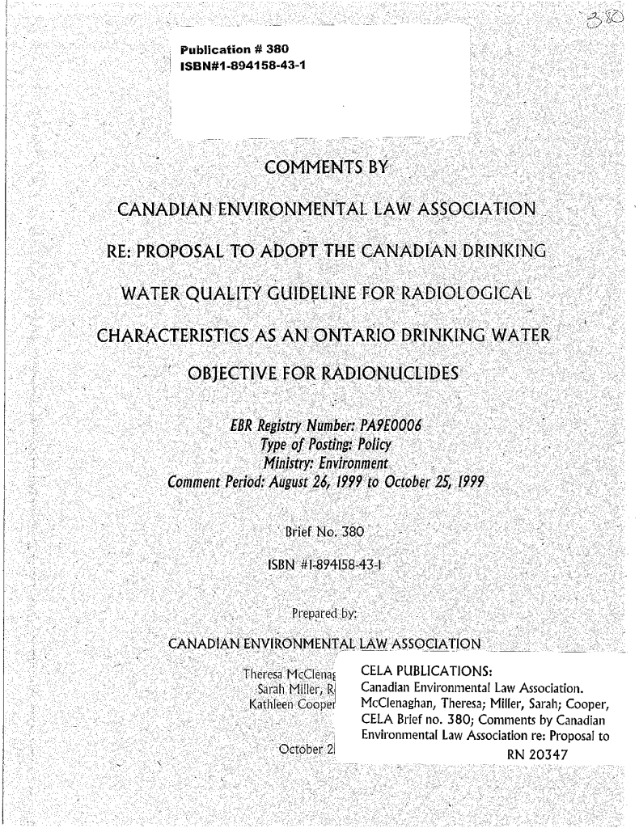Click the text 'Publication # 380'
pyautogui.click(x=240, y=49)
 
